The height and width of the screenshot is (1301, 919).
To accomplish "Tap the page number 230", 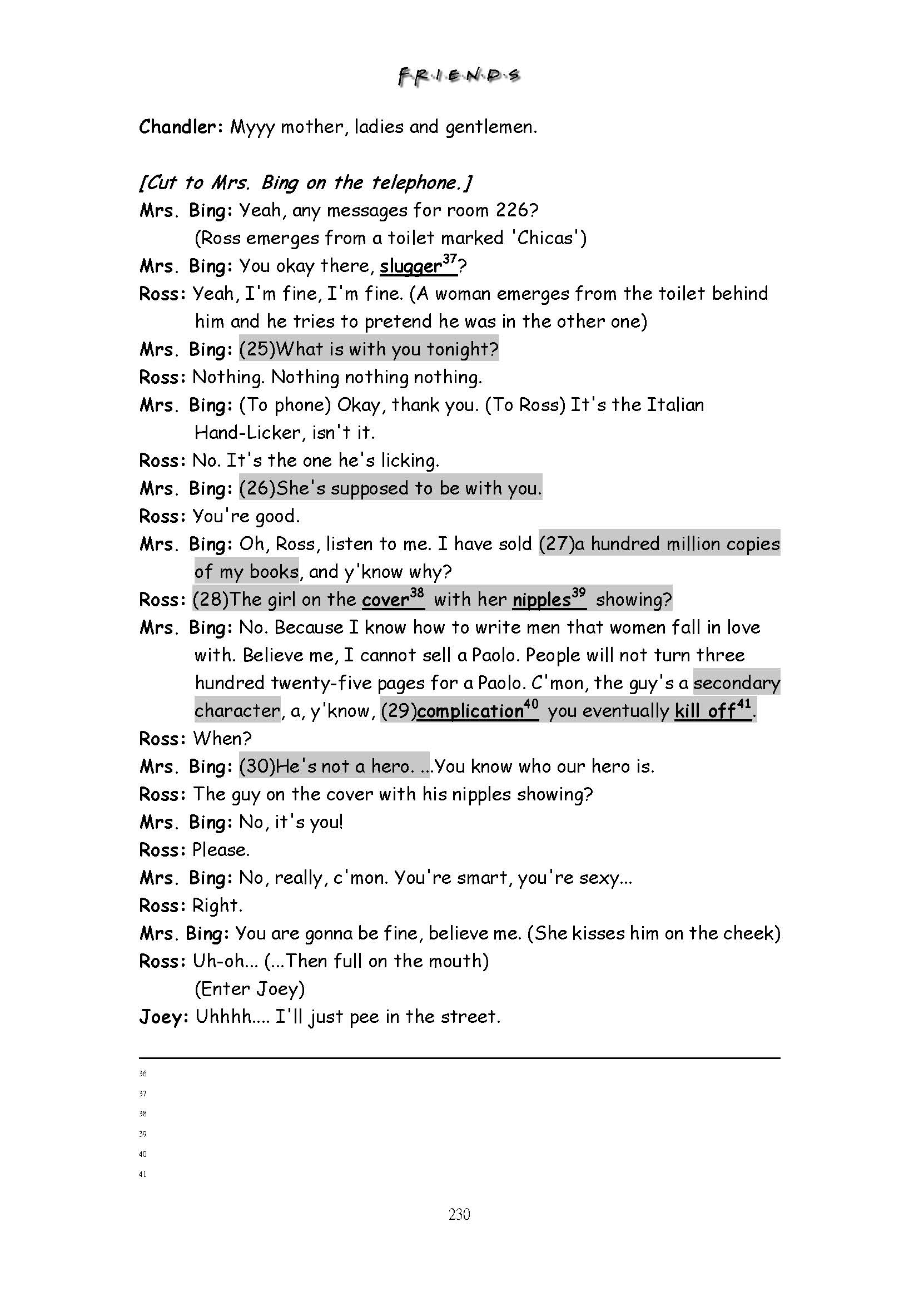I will pos(459,1214).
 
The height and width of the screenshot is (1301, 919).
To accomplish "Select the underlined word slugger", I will pos(410,266).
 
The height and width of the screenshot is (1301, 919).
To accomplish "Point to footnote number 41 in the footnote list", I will pos(143,1175).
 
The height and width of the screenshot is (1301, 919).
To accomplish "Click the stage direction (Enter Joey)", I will pos(250,989).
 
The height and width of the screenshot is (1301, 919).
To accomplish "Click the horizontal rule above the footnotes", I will pos(459,1058).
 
